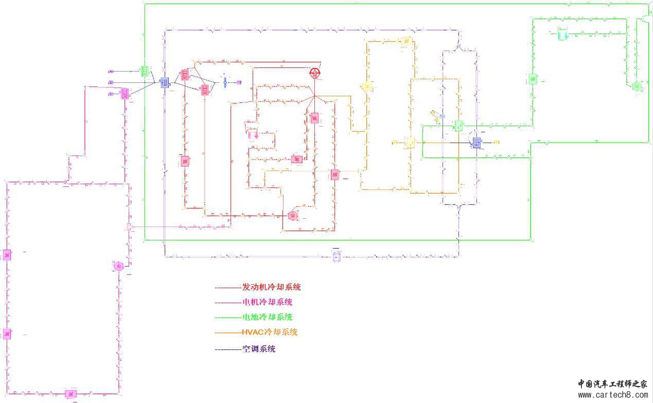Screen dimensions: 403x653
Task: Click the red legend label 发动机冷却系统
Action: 271,287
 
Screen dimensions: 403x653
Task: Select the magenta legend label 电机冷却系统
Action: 267,302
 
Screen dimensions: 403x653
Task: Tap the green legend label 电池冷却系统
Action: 267,317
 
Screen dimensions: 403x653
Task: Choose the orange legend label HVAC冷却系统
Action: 269,332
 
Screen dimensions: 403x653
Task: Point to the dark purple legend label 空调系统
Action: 258,349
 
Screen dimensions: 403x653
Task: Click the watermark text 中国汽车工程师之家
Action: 612,384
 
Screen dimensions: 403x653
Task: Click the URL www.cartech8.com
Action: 612,395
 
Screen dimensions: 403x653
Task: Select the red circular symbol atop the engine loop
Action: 314,73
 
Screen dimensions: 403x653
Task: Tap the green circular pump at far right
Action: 637,86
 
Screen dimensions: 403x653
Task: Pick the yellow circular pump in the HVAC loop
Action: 366,87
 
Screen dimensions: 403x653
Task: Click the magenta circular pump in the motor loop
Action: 118,266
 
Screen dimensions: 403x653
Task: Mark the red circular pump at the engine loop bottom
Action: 293,215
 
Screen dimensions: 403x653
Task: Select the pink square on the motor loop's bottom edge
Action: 72,394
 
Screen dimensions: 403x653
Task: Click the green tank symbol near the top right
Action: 562,35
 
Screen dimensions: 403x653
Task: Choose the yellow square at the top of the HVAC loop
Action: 407,41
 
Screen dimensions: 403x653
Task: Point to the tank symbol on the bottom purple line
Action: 337,256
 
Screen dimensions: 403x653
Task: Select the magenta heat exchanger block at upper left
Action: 124,94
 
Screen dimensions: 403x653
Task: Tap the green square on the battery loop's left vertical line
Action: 533,79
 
